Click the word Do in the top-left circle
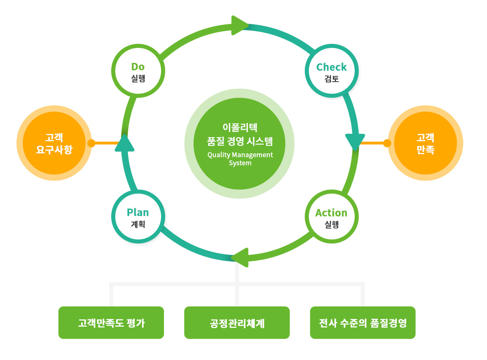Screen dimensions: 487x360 pyautogui.click(x=138, y=67)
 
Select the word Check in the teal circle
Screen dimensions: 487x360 pyautogui.click(x=331, y=67)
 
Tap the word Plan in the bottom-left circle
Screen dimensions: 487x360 pyautogui.click(x=138, y=212)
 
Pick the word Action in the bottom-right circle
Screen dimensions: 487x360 pyautogui.click(x=331, y=213)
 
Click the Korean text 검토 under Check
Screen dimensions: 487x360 pyautogui.click(x=332, y=79)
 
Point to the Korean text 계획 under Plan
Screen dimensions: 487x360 pyautogui.click(x=138, y=224)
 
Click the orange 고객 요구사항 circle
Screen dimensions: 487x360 pyautogui.click(x=54, y=143)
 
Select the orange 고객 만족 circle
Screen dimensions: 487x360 pyautogui.click(x=425, y=143)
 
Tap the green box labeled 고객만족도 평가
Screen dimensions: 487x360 pyautogui.click(x=111, y=322)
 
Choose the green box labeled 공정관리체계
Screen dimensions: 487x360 pyautogui.click(x=237, y=322)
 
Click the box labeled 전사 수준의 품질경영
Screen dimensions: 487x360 pyautogui.click(x=362, y=322)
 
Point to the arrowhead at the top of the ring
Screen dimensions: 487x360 pyautogui.click(x=240, y=25)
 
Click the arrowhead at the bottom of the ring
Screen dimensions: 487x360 pyautogui.click(x=240, y=257)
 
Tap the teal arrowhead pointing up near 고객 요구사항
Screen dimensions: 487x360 pyautogui.click(x=125, y=143)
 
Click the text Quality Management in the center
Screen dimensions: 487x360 pyautogui.click(x=240, y=155)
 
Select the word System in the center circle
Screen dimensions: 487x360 pyautogui.click(x=240, y=163)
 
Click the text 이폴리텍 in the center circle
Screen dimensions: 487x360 pyautogui.click(x=240, y=127)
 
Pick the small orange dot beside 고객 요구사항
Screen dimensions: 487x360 pyautogui.click(x=91, y=143)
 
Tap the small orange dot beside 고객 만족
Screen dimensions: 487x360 pyautogui.click(x=387, y=143)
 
